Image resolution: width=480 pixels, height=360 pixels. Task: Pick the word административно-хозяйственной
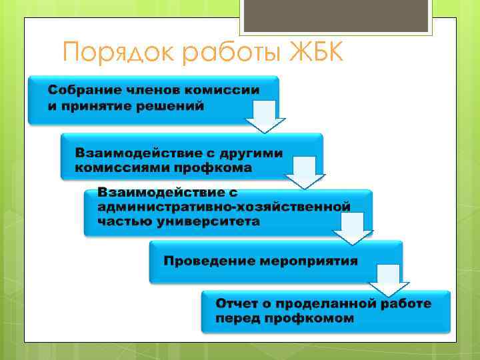point(223,207)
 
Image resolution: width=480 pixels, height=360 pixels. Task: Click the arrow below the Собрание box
point(265,118)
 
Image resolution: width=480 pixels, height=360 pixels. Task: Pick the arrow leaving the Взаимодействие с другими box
point(305,172)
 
